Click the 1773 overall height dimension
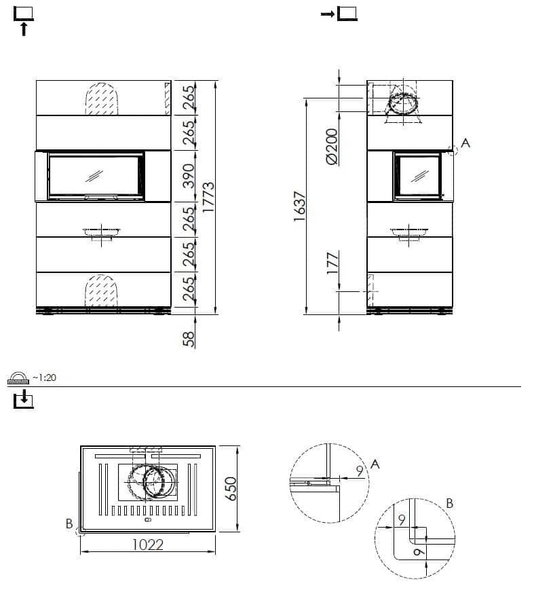tap(208, 197)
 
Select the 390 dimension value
tap(189, 176)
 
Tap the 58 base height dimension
tap(189, 339)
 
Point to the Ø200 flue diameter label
tap(332, 147)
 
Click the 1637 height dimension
tap(300, 206)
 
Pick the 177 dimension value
tap(332, 263)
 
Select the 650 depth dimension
tap(231, 489)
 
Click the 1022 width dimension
tap(148, 545)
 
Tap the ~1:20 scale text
tap(44, 378)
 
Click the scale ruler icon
tap(18, 378)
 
